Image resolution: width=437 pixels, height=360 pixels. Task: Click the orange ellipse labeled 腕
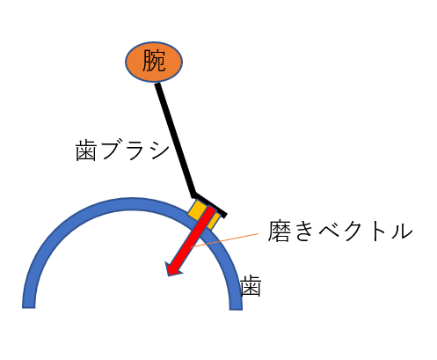click(154, 62)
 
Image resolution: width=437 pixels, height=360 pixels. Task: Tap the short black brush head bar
click(209, 205)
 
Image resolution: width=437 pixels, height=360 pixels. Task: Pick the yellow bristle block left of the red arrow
click(197, 209)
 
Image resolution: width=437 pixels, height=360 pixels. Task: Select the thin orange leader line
click(225, 240)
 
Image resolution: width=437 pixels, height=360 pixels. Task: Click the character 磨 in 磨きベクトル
click(279, 231)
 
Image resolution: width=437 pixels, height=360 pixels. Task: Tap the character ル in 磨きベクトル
click(401, 231)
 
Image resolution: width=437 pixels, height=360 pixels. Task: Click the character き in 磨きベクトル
click(304, 231)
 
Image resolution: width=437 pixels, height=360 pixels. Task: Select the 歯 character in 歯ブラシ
click(86, 151)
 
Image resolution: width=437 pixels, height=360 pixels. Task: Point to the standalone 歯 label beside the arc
click(251, 286)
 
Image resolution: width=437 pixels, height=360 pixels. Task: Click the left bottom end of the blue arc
click(29, 308)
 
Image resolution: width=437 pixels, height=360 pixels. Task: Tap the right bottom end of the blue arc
click(236, 309)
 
